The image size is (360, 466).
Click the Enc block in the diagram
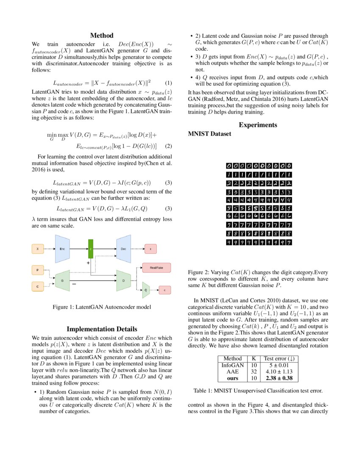[62, 249]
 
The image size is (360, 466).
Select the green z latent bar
[90, 250]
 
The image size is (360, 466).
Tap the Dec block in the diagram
[124, 249]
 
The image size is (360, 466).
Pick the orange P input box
[38, 269]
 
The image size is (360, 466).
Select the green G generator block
[62, 280]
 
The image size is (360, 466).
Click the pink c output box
[164, 290]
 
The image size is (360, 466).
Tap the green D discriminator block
[124, 280]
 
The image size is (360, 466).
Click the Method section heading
[102, 36]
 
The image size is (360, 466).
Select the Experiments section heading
[258, 125]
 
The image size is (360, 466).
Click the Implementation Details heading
[102, 329]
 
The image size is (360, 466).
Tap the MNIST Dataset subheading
[209, 134]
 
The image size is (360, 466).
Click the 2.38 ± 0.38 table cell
[279, 378]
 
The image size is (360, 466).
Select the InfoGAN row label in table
[232, 365]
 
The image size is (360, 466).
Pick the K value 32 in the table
[254, 371]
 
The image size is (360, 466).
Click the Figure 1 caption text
[102, 307]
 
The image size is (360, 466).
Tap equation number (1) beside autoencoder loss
[168, 83]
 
